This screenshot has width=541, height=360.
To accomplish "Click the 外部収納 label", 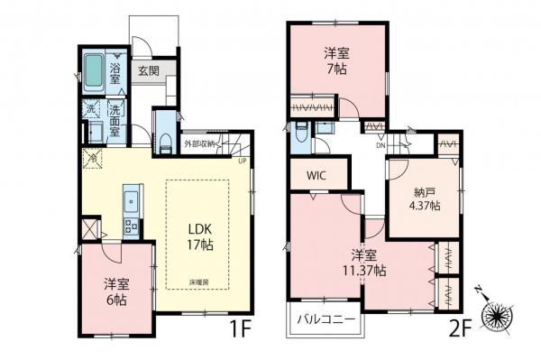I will pos(201,143).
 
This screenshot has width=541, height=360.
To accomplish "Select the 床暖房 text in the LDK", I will pos(199,282).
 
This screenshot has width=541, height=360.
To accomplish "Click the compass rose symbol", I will pos(499,315).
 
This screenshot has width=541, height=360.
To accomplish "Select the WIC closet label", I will pos(316,175).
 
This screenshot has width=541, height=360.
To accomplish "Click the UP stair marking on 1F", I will pos(242,162).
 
